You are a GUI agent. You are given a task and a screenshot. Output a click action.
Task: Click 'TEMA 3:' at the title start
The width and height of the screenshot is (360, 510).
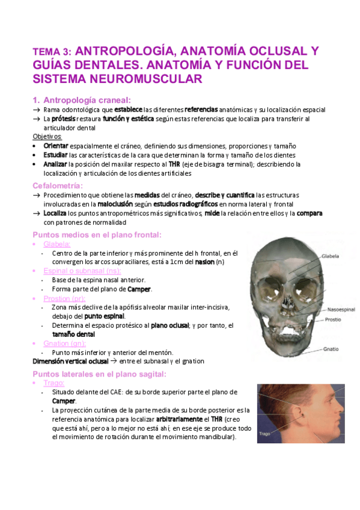53,52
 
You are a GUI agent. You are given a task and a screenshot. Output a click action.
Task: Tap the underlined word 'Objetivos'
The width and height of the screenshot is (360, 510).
47,137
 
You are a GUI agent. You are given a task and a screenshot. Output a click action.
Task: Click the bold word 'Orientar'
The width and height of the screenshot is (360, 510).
56,146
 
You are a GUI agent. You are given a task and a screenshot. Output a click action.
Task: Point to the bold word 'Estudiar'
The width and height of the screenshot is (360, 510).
56,155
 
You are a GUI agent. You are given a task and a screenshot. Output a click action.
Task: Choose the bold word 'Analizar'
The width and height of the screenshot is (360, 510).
56,164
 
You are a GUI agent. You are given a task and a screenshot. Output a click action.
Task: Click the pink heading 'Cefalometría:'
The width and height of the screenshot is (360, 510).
58,185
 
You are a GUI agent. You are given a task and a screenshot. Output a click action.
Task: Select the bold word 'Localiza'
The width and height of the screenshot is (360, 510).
55,214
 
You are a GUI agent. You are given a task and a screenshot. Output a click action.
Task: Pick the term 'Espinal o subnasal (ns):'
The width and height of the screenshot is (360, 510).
81,271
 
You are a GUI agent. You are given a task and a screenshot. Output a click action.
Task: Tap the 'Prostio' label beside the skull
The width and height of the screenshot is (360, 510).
334,320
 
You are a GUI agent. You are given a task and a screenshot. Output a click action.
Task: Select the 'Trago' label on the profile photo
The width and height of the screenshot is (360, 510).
266,432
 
